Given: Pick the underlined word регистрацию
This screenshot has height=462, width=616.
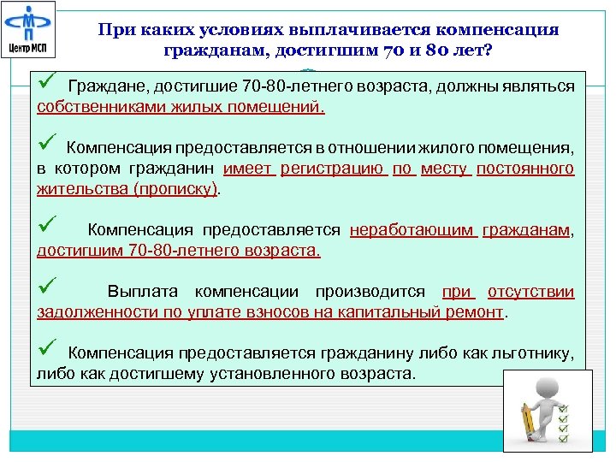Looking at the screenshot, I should click(x=333, y=169).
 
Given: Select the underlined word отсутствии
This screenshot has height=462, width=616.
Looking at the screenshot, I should click(x=530, y=292).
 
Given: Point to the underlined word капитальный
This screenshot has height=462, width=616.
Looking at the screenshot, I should click(x=401, y=312).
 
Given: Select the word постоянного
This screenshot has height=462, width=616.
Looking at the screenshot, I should click(x=524, y=169).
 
